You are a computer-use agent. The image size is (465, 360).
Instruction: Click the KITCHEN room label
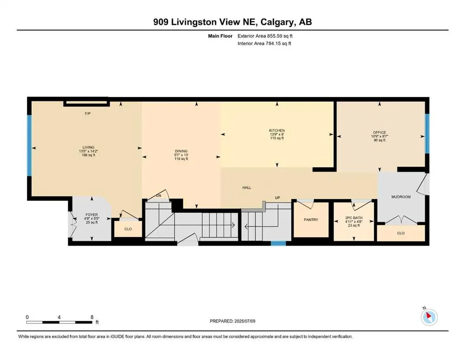(x=277, y=131)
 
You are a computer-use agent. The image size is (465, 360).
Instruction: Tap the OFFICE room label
(x=379, y=132)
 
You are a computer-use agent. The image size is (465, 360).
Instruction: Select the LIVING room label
(x=89, y=147)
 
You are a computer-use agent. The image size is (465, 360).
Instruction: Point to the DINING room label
(x=181, y=151)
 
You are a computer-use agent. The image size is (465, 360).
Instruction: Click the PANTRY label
(x=311, y=220)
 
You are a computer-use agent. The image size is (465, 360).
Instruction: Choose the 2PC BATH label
(x=354, y=218)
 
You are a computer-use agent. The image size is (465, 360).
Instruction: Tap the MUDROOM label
(x=401, y=197)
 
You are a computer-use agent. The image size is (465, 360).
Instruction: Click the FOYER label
(x=91, y=215)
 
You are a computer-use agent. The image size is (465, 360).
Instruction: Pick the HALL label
(x=247, y=187)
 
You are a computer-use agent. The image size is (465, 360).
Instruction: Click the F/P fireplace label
(x=88, y=113)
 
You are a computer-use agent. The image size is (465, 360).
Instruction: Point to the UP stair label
(x=277, y=198)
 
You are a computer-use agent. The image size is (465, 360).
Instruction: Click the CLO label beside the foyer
(x=128, y=229)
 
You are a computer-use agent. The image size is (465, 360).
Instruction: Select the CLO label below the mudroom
(x=401, y=233)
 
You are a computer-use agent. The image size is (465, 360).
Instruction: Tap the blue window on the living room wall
(x=30, y=145)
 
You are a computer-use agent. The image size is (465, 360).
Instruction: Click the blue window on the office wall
(x=427, y=134)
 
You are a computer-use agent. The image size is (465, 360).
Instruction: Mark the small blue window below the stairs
(x=279, y=244)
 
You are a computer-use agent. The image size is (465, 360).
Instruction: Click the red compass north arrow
(x=429, y=315)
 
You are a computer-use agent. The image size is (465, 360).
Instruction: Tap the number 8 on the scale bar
(x=92, y=317)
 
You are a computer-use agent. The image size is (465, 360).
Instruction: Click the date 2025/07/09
(x=244, y=321)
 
